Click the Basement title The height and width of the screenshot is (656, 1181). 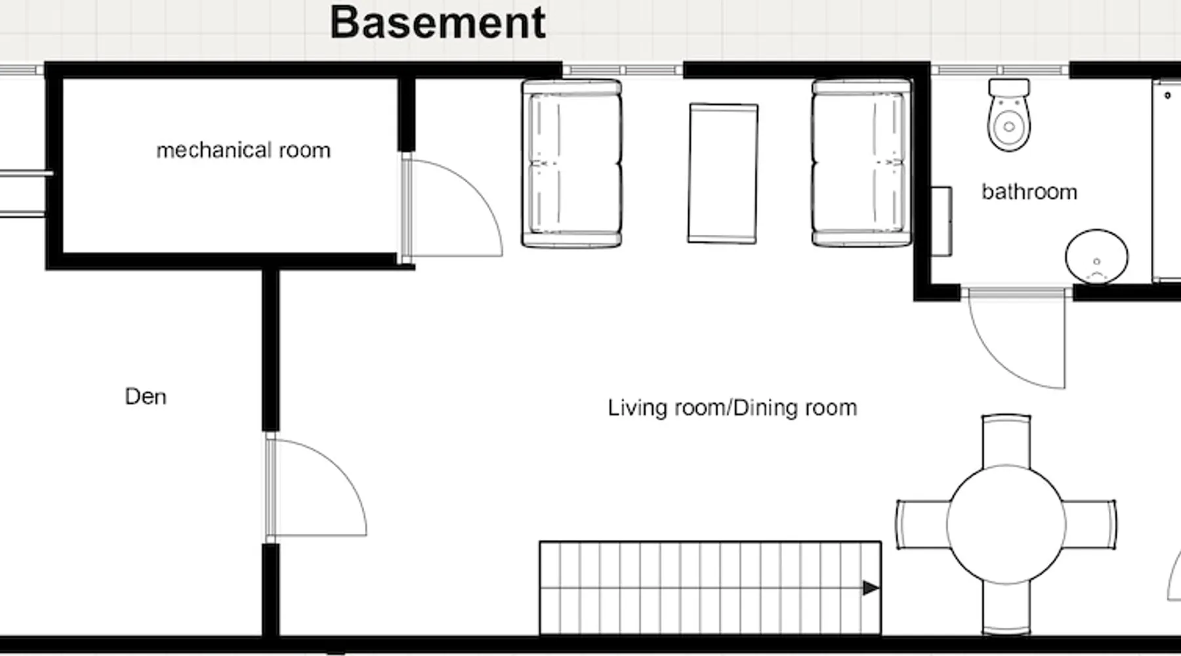pos(438,22)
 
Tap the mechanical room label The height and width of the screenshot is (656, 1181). pos(243,150)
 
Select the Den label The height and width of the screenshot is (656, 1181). pos(146,396)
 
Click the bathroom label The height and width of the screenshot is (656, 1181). pos(1029,192)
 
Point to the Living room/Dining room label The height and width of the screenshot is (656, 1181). pos(732,407)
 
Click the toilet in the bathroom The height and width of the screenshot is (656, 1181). pos(1009,115)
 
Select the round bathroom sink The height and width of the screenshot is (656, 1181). pos(1096,256)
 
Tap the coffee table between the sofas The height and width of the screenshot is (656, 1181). pos(723,173)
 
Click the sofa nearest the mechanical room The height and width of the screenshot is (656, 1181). pos(571,163)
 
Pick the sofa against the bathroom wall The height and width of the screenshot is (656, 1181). pos(861,163)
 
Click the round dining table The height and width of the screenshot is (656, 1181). pos(1006,524)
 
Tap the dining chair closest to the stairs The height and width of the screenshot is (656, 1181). pos(922,524)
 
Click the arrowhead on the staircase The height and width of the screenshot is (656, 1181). pos(871,588)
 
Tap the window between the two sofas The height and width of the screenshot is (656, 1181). pos(623,70)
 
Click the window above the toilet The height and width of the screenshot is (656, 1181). pos(1000,70)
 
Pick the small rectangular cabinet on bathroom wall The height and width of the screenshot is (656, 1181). pos(942,222)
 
